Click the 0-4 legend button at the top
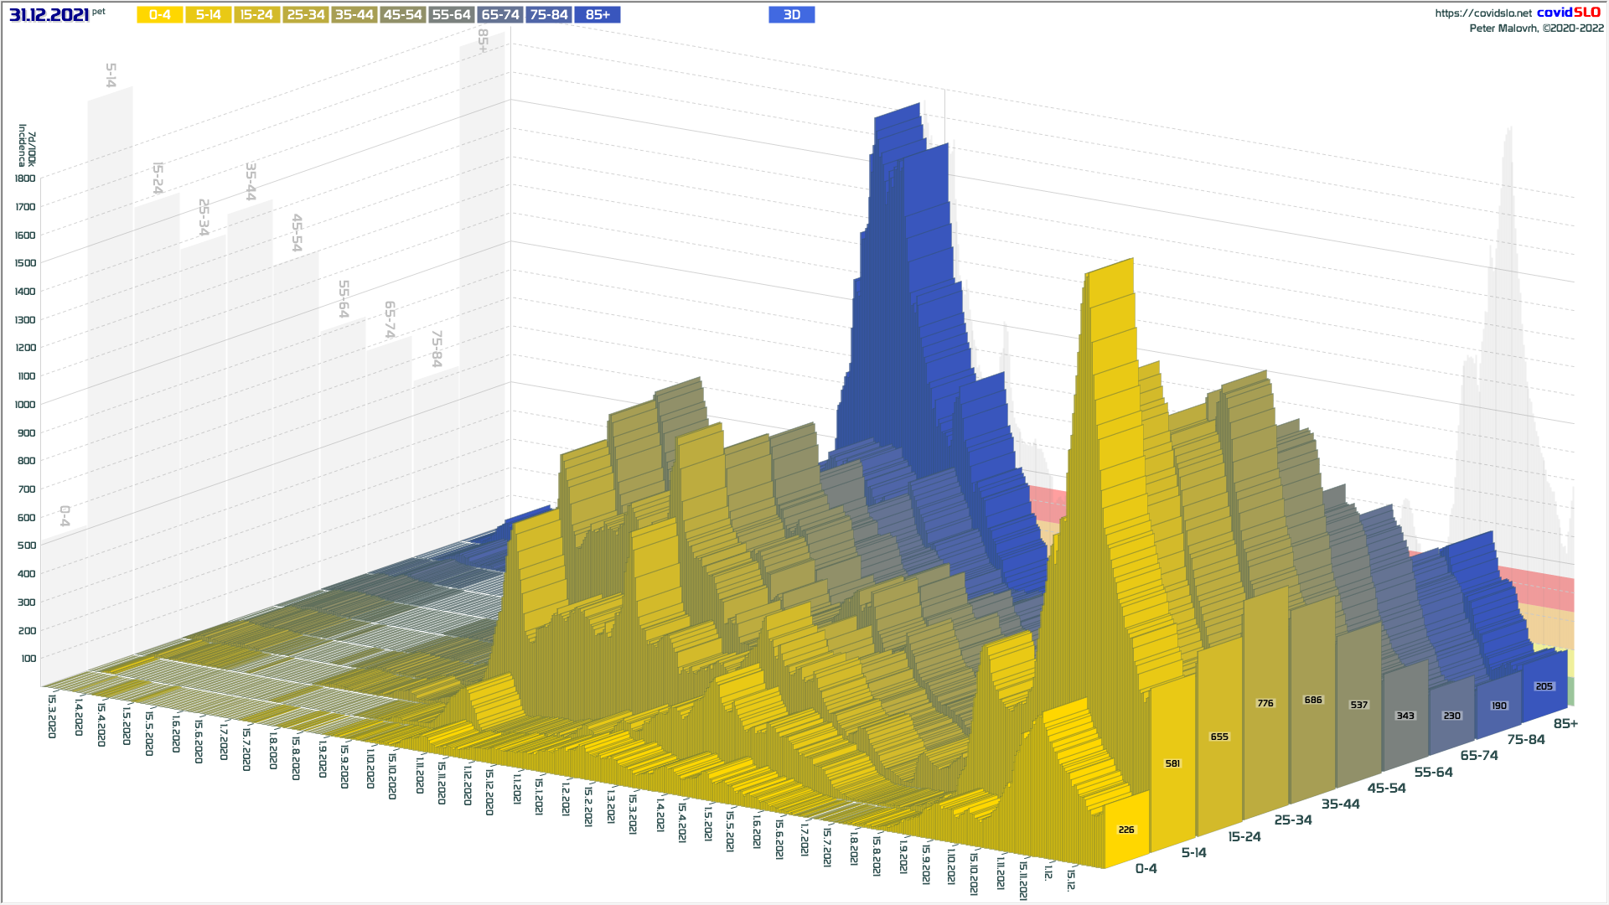159,15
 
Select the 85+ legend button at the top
598,15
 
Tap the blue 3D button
791,15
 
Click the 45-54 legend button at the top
403,15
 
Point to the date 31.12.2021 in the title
49,15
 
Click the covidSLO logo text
1568,13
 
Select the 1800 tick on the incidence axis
25,178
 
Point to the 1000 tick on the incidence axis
25,405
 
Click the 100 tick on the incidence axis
28,659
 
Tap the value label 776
1265,704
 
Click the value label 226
1126,830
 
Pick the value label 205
1544,687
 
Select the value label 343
1405,716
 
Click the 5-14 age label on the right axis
1193,853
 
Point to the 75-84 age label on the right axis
1525,740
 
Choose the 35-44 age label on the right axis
1340,804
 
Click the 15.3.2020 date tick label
52,716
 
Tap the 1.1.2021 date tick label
517,789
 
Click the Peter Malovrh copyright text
1536,28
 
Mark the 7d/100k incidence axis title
27,146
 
